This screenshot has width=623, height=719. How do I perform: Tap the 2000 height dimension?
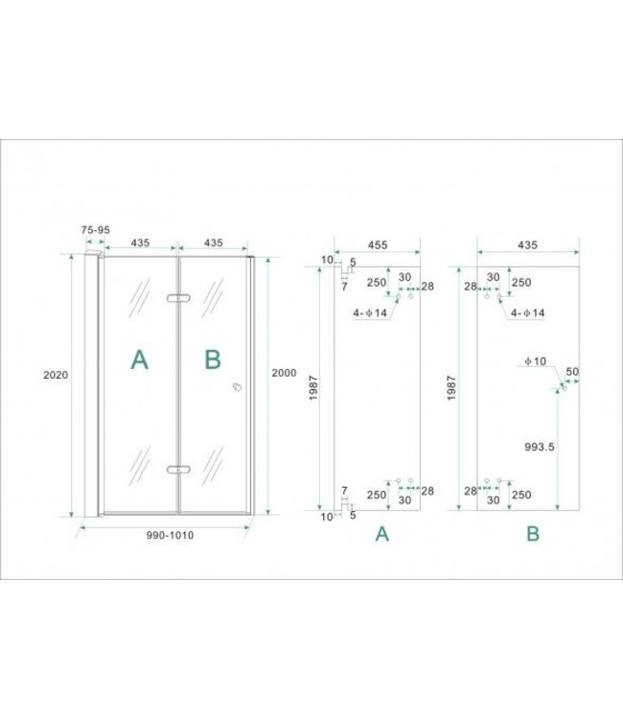coord(285,372)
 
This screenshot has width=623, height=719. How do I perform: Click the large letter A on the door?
coord(140,359)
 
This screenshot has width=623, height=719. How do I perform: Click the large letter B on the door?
coord(213,359)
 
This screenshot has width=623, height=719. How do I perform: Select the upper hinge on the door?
coord(177,300)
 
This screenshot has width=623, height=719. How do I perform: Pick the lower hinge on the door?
coord(177,470)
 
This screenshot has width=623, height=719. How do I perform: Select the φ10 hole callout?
coord(535,361)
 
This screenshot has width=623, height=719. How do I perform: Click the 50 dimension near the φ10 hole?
coord(573,371)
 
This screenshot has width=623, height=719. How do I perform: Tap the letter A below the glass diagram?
coord(381,535)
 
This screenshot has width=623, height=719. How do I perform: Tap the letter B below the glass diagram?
coord(533,535)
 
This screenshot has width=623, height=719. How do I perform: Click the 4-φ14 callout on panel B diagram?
coord(528,313)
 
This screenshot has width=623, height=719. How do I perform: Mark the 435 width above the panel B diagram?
coord(528,245)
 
